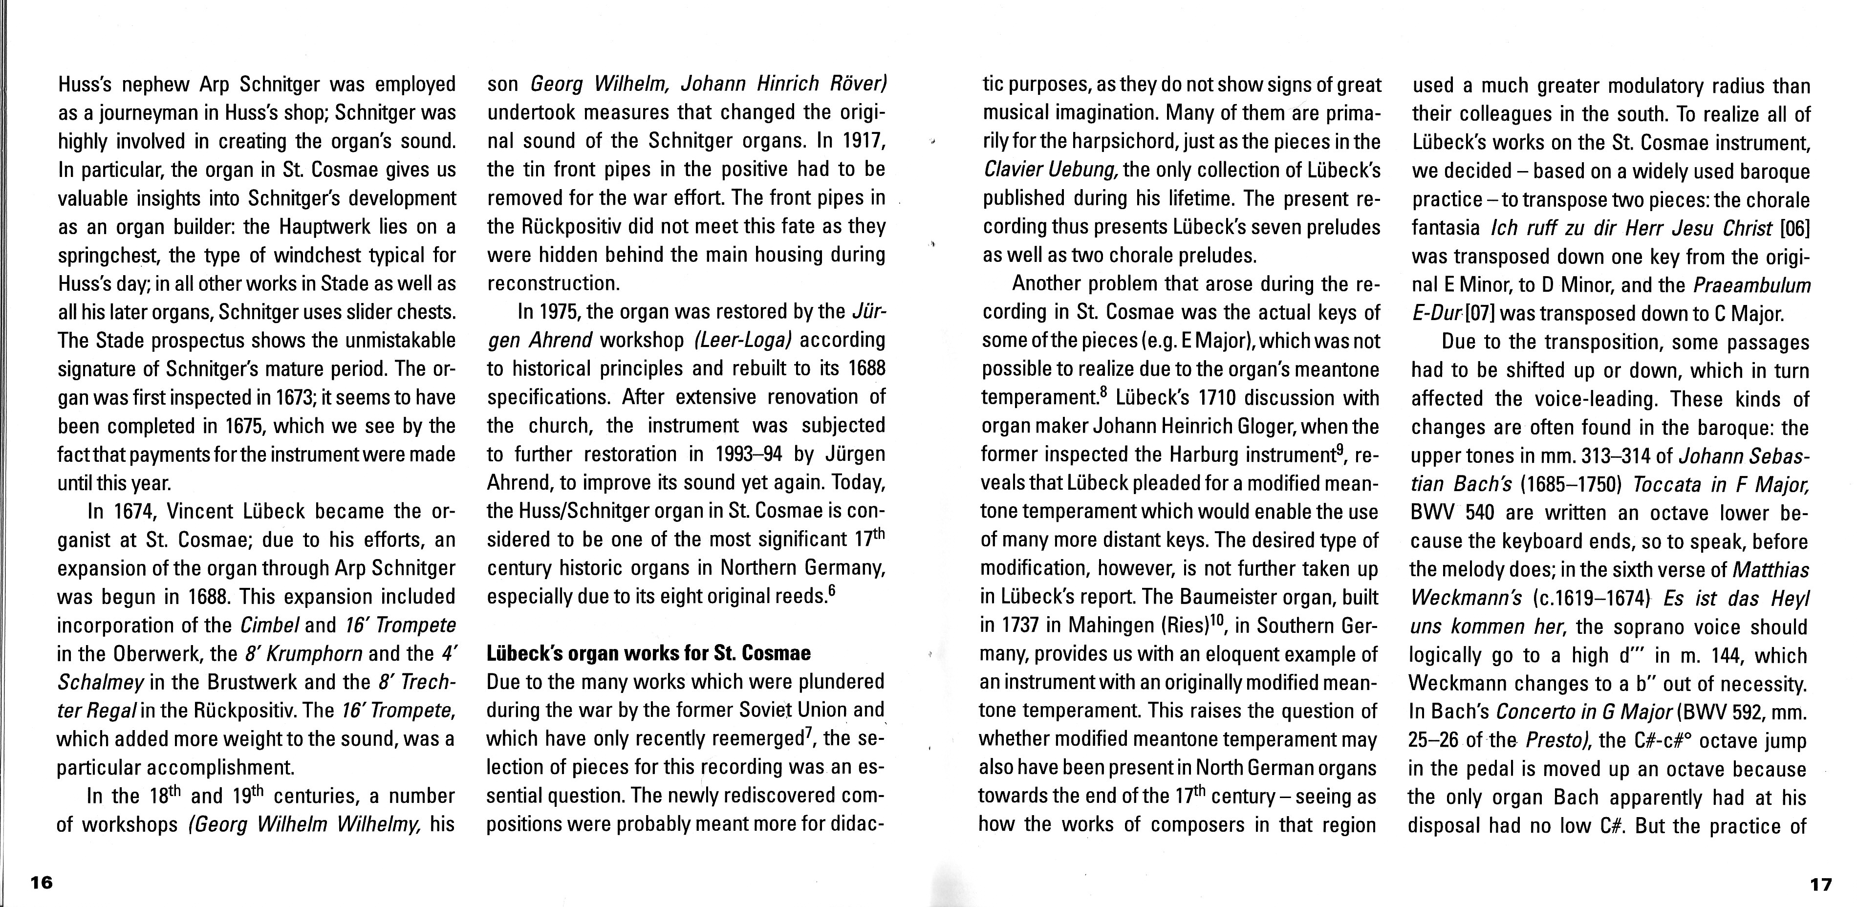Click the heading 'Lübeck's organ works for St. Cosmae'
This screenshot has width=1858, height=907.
point(648,653)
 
